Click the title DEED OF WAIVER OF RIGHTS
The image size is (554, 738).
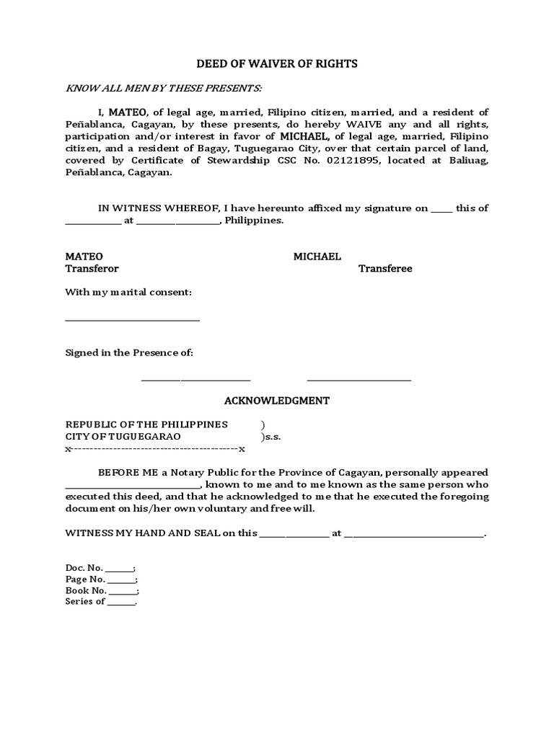[278, 64]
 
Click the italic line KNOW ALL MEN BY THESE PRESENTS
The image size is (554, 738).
[164, 88]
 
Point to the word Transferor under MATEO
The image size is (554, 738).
[92, 268]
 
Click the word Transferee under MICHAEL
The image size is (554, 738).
[385, 268]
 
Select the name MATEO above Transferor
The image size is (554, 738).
[84, 257]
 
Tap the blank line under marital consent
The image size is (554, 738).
[133, 320]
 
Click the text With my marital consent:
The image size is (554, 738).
[128, 292]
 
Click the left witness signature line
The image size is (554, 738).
[195, 379]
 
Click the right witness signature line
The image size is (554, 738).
[359, 379]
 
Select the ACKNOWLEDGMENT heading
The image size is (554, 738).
[277, 400]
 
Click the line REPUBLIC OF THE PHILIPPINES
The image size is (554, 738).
[146, 424]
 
